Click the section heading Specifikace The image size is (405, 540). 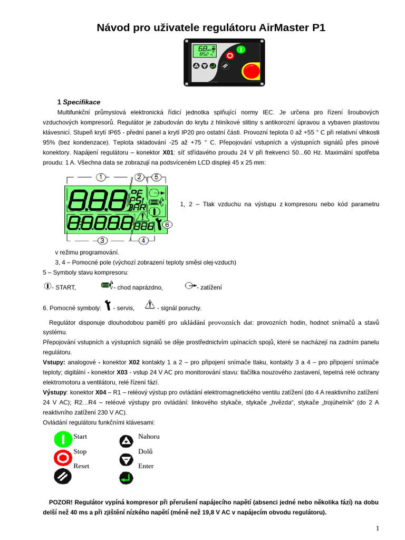pos(81,102)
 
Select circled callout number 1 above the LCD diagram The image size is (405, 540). pos(101,177)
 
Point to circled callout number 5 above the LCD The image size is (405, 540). pos(156,177)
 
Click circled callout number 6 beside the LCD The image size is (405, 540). pos(167,224)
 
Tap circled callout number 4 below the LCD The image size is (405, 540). pos(143,240)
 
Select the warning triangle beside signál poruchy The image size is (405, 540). pos(149,304)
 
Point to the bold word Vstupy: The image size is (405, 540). pos(54,363)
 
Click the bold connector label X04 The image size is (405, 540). pos(101,392)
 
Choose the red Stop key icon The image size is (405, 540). pos(63,457)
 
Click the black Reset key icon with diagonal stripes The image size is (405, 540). pos(63,476)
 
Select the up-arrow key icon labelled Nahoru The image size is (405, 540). pos(126,441)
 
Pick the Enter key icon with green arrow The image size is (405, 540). pos(126,478)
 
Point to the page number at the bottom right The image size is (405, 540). pos(377,528)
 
